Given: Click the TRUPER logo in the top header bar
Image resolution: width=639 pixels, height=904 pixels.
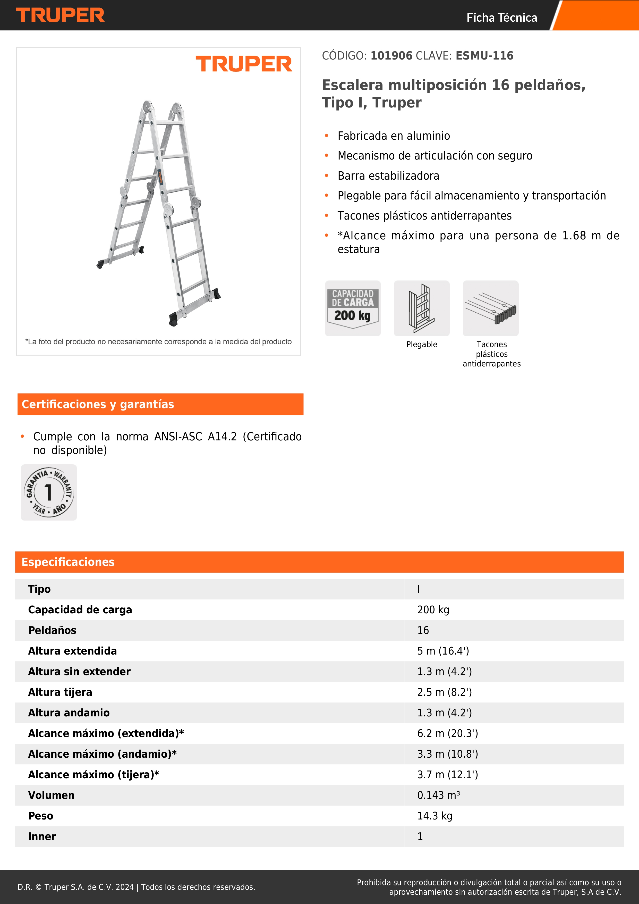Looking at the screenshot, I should pyautogui.click(x=60, y=15).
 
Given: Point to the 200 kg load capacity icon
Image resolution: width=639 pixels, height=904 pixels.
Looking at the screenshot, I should pyautogui.click(x=353, y=308).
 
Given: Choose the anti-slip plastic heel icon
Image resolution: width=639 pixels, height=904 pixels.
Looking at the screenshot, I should pyautogui.click(x=491, y=308).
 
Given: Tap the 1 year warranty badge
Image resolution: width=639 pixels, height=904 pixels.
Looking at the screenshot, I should pyautogui.click(x=49, y=492).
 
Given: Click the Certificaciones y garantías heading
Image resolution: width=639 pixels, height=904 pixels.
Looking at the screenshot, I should pyautogui.click(x=98, y=404).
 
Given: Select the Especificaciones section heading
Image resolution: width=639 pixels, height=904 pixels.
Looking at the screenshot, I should pyautogui.click(x=68, y=562).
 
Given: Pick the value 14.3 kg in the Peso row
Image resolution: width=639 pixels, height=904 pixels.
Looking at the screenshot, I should pyautogui.click(x=434, y=816).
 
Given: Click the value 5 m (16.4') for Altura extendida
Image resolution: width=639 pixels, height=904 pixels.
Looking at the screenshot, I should pyautogui.click(x=443, y=651).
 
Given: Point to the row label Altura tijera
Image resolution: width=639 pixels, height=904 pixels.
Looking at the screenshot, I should pyautogui.click(x=60, y=692).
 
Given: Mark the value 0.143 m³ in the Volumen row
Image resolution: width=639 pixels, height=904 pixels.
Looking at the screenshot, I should pyautogui.click(x=438, y=795).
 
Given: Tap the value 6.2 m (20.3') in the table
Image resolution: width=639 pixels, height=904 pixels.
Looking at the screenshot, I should pyautogui.click(x=447, y=733).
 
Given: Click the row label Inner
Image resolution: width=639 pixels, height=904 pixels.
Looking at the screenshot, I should pyautogui.click(x=42, y=837).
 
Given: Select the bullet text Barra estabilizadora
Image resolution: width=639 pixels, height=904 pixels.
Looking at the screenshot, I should pyautogui.click(x=388, y=175).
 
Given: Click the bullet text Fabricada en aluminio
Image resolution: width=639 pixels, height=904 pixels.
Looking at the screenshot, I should pyautogui.click(x=394, y=136).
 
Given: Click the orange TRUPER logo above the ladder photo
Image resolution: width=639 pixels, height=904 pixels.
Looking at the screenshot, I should pyautogui.click(x=244, y=64).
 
